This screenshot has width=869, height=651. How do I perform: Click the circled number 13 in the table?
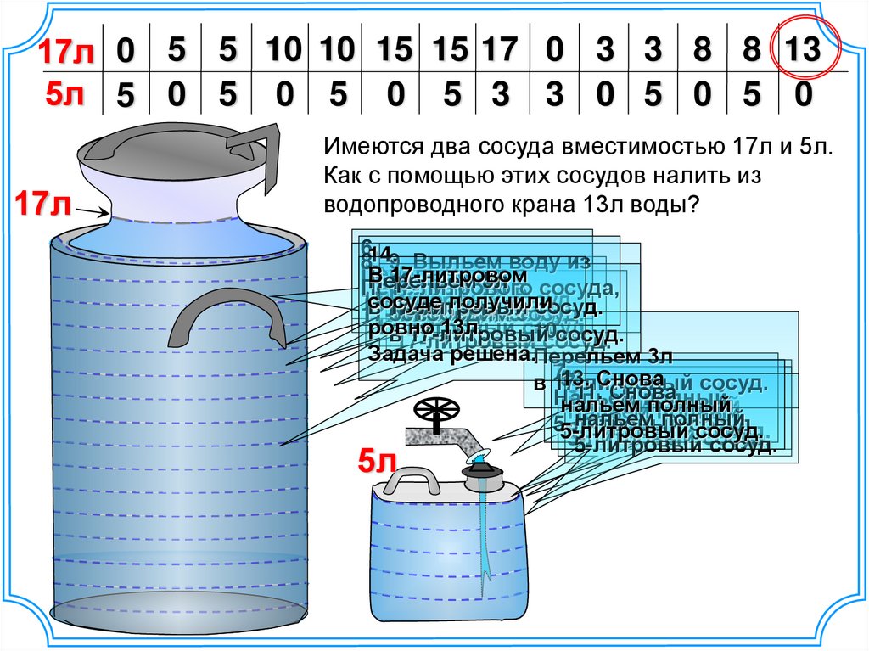point(803,51)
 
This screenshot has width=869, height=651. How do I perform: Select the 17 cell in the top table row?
point(499,51)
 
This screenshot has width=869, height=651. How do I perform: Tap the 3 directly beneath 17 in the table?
point(499,93)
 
